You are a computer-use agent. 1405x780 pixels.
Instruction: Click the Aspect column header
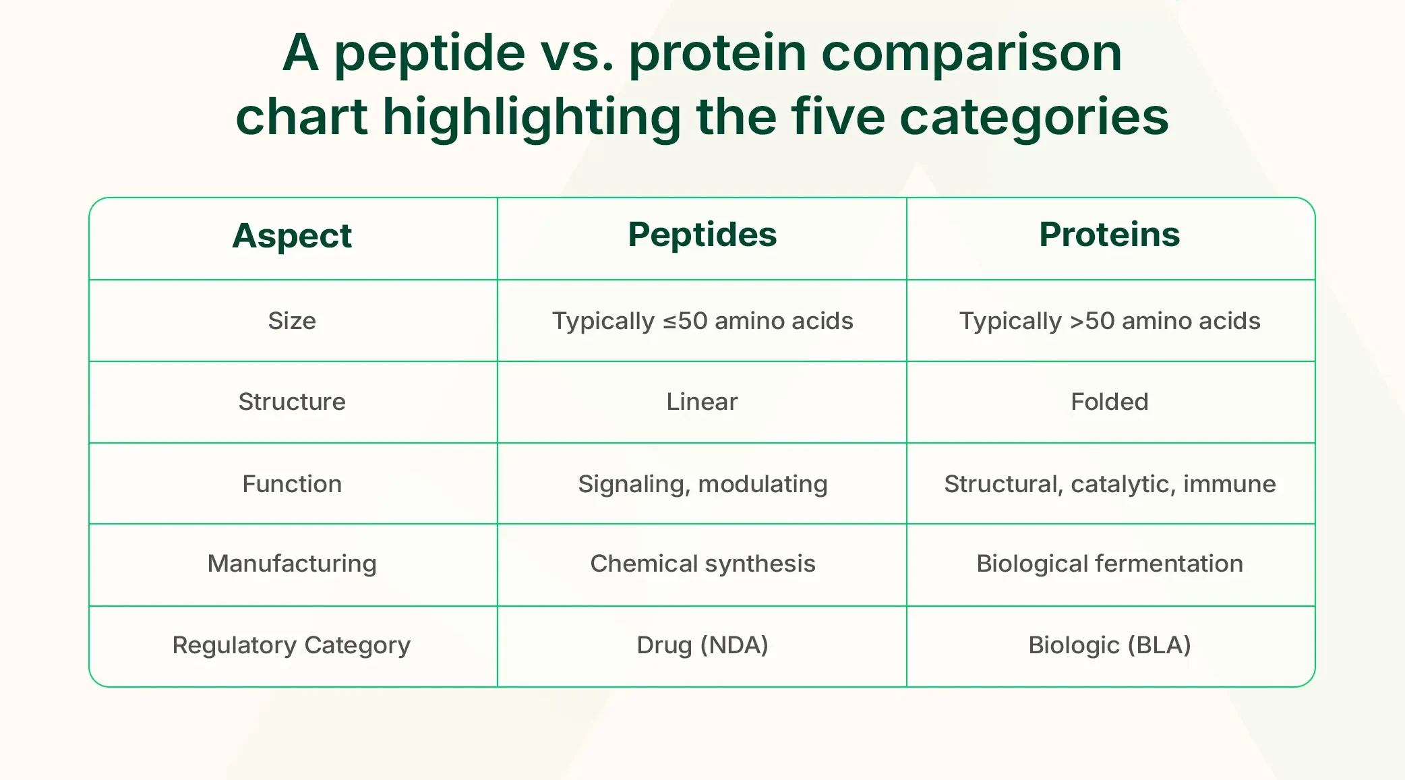pos(292,236)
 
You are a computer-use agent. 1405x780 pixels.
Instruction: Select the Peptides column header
pos(702,235)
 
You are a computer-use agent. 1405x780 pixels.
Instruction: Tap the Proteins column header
pos(1109,235)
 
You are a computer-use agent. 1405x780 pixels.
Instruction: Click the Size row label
pos(292,321)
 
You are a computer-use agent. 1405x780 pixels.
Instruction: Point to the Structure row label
pos(292,402)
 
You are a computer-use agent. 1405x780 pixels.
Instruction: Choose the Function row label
pos(292,484)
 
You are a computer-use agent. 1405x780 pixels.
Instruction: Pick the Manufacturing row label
pos(292,564)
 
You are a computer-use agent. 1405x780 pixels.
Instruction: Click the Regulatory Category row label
pos(291,645)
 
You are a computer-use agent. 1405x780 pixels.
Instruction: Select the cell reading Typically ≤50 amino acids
pos(702,321)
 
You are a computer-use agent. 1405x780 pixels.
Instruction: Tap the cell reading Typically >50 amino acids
pos(1110,321)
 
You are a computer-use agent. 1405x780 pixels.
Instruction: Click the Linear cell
pos(702,402)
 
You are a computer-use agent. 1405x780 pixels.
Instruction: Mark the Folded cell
pos(1110,402)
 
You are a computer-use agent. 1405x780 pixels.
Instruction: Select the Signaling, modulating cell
pos(702,484)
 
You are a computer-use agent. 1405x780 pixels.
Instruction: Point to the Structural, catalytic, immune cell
pos(1110,484)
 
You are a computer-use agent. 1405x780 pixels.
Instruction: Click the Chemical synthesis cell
pos(702,564)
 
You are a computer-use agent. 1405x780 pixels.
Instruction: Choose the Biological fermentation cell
pos(1110,564)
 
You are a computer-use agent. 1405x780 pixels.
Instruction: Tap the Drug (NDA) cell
pos(702,645)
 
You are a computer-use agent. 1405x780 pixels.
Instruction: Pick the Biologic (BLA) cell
pos(1110,645)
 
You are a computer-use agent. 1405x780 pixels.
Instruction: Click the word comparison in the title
pos(971,54)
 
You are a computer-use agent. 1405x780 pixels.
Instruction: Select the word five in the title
pos(837,117)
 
